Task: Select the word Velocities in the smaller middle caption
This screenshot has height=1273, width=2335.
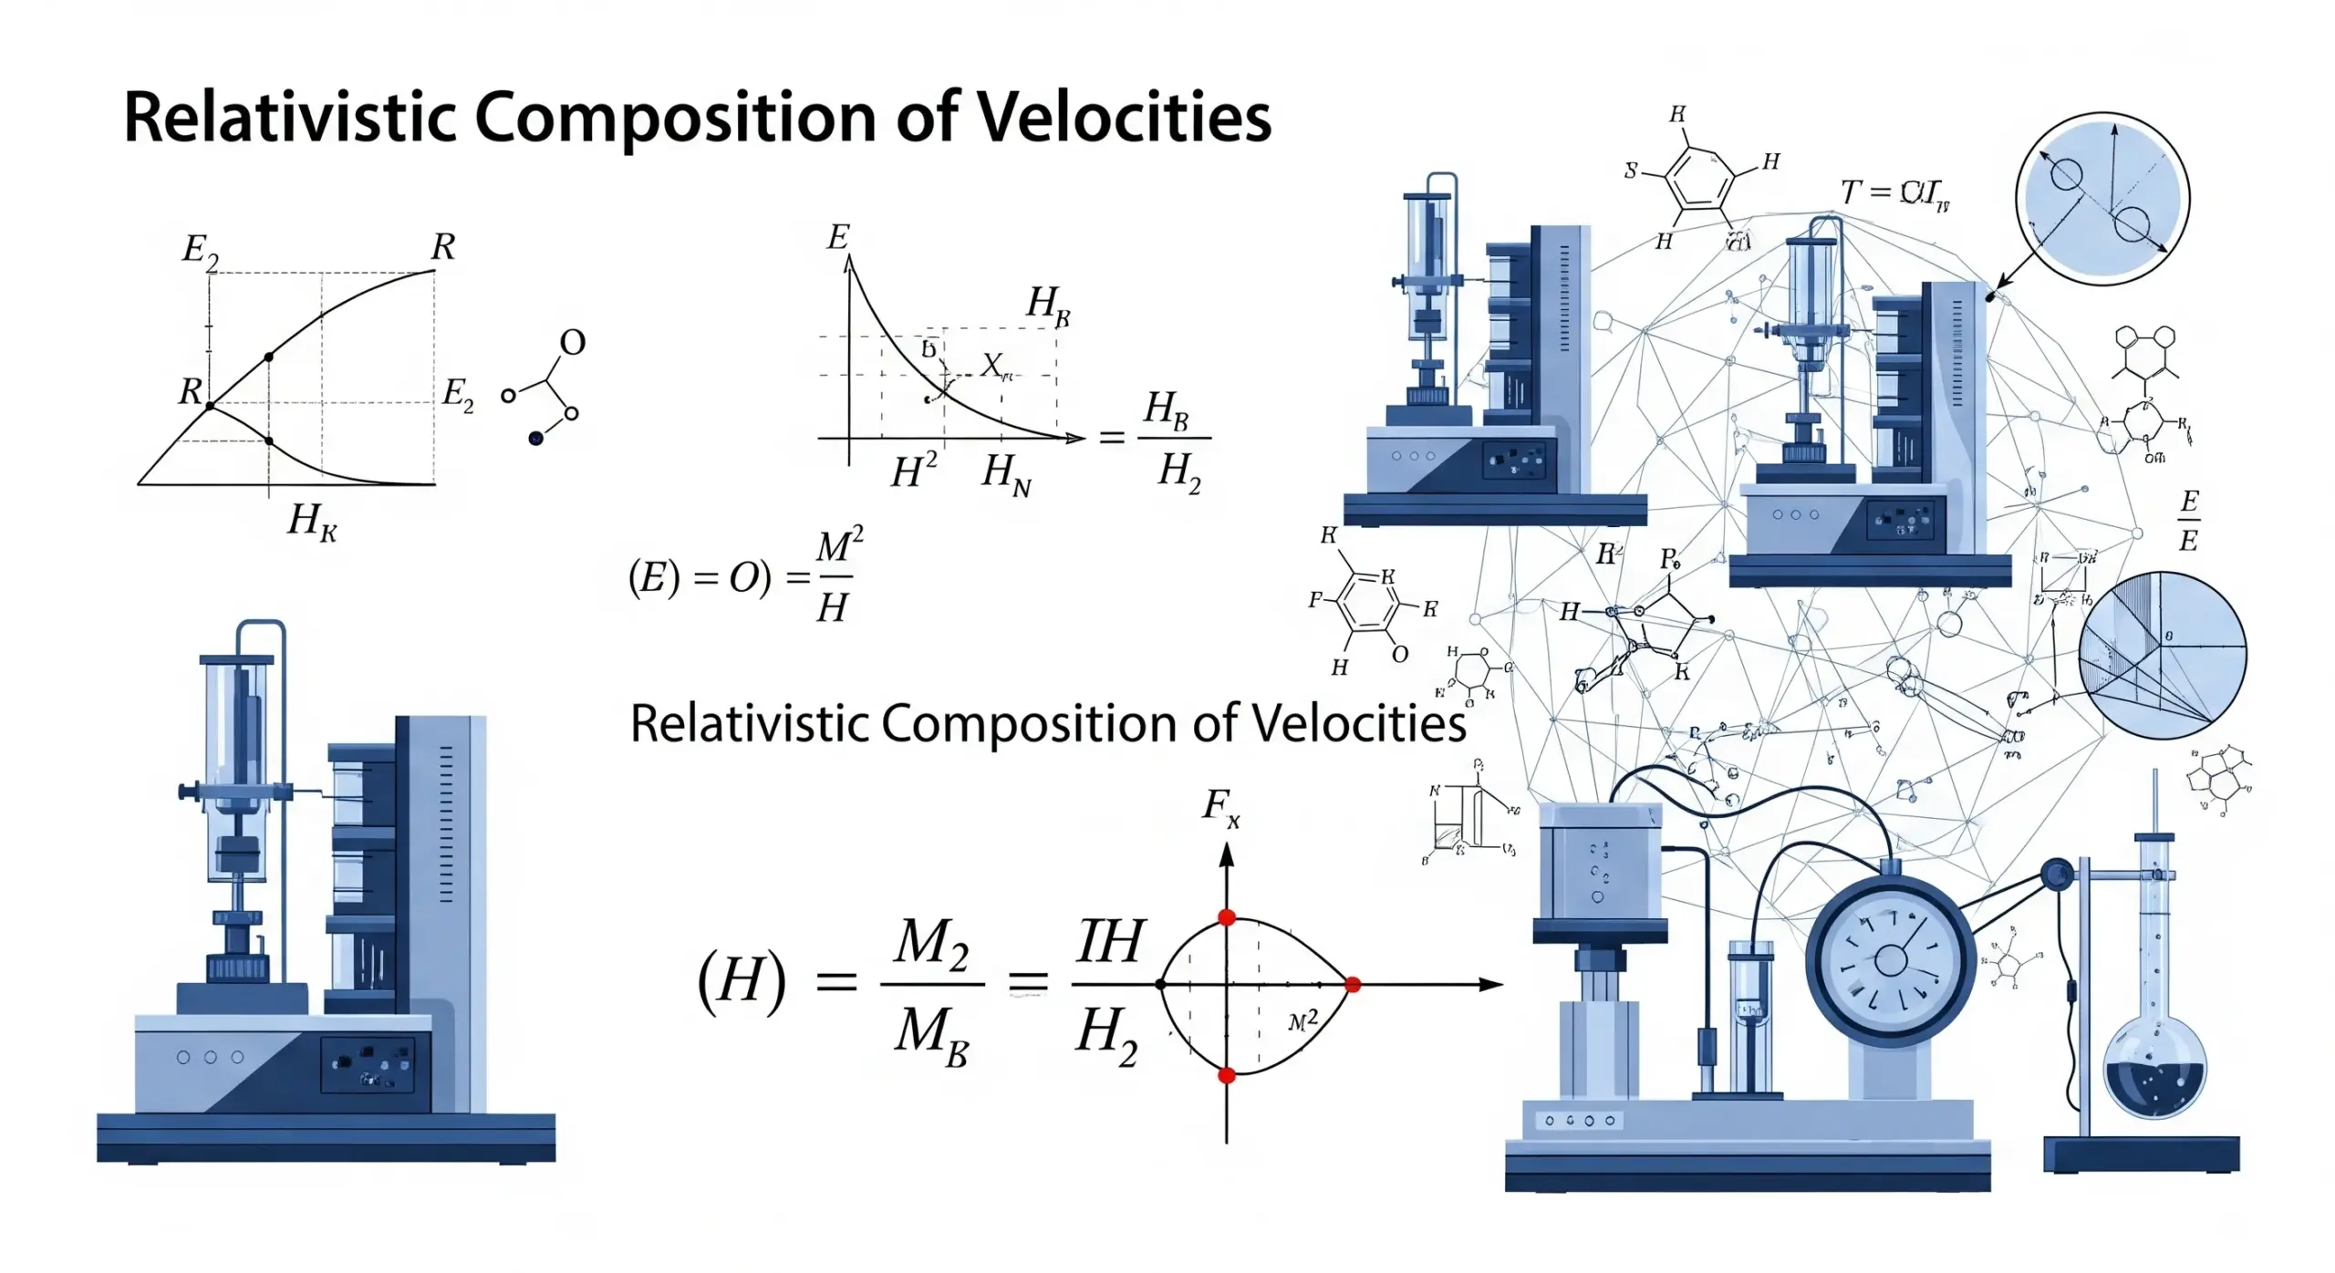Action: point(1358,724)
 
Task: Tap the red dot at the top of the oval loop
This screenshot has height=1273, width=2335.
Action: point(1227,917)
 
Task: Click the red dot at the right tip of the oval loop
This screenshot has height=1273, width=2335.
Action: point(1353,985)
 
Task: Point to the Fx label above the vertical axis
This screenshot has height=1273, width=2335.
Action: point(1220,807)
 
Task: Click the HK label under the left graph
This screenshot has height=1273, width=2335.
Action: point(312,522)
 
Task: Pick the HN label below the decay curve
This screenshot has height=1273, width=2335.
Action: point(1006,475)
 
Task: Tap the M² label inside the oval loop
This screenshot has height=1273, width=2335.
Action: point(1303,1021)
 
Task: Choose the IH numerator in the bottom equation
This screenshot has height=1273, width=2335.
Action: point(1109,941)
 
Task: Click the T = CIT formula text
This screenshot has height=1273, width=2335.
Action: point(1894,194)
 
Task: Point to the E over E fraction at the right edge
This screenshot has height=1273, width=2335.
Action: point(2188,521)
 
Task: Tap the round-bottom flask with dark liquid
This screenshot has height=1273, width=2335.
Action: point(2154,1076)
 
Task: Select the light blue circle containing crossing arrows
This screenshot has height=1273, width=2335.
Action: point(2101,199)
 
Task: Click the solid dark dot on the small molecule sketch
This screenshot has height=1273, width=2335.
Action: point(535,439)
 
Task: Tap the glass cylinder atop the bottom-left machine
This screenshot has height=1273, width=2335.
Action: point(235,720)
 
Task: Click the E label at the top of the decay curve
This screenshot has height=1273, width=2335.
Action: point(837,238)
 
